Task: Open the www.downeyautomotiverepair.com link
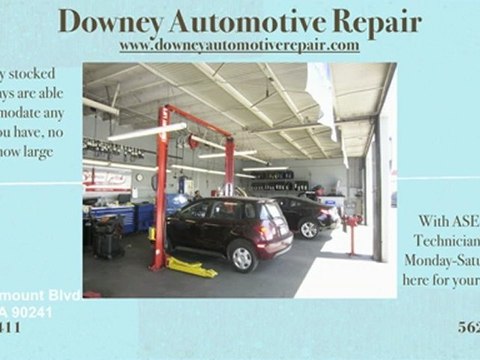pyautogui.click(x=239, y=46)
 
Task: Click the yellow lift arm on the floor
pyautogui.click(x=191, y=268)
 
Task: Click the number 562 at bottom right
pyautogui.click(x=468, y=326)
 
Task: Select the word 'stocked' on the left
pyautogui.click(x=31, y=74)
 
